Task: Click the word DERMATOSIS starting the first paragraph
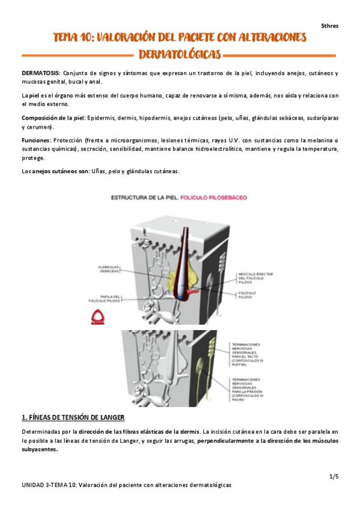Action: point(40,73)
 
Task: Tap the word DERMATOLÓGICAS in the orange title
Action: point(180,55)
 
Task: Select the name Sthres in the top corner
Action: point(329,26)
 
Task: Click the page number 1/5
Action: point(334,476)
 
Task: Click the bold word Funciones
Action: point(35,140)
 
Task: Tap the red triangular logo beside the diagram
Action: point(98,316)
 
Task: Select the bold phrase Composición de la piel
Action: point(52,117)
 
